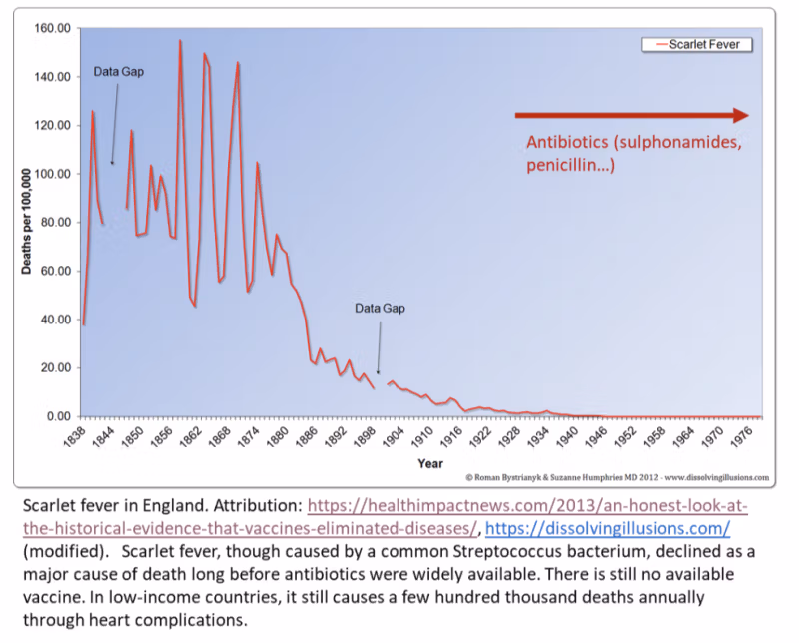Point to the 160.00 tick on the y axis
[x=53, y=28]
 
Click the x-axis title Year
[x=430, y=463]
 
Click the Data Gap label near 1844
[x=119, y=72]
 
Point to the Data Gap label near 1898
[x=381, y=308]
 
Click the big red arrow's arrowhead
[x=739, y=115]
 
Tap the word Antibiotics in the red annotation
[x=565, y=142]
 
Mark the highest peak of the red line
[x=180, y=42]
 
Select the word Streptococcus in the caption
[x=477, y=550]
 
